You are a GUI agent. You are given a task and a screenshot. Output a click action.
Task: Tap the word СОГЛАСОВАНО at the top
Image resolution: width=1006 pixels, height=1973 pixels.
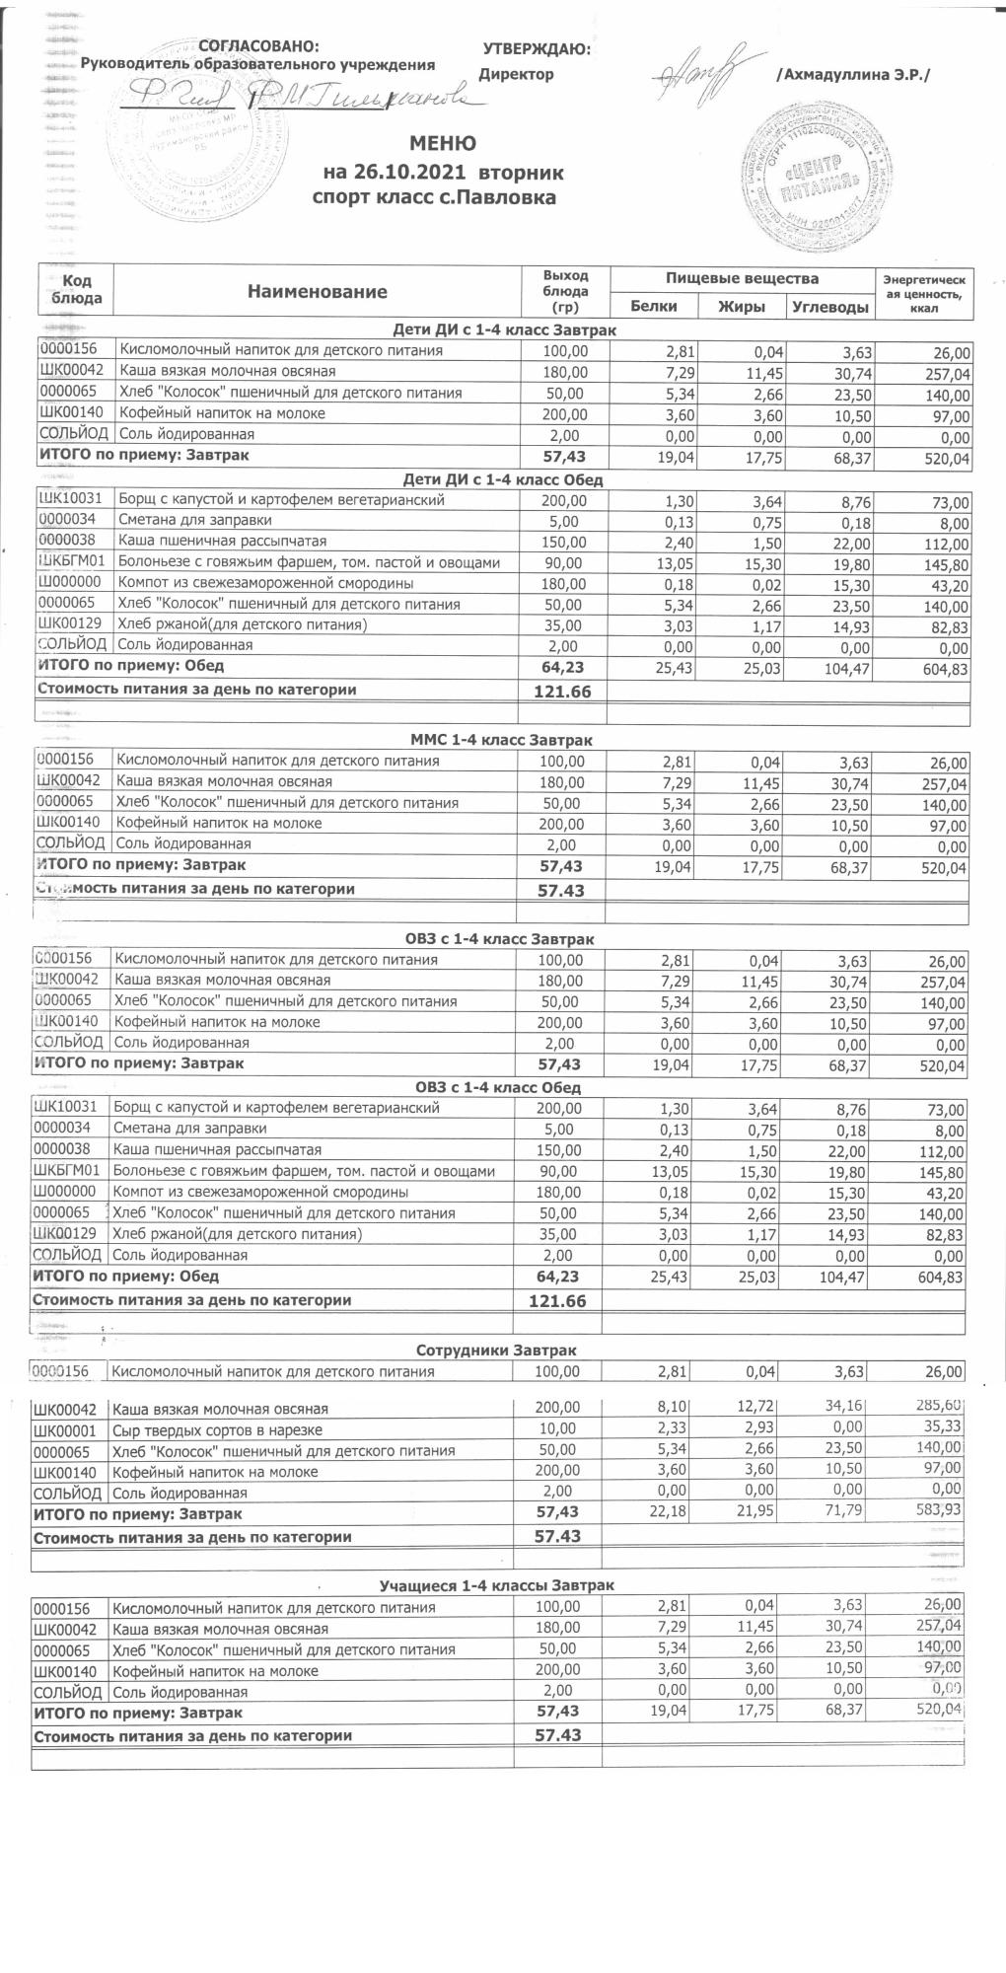(258, 46)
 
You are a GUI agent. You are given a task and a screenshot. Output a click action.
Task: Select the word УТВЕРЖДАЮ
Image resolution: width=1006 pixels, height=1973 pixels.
(537, 49)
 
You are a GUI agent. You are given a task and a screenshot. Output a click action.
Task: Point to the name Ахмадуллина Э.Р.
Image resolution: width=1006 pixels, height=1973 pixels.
(854, 75)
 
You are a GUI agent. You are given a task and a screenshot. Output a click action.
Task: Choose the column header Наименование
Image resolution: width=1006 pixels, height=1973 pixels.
(317, 291)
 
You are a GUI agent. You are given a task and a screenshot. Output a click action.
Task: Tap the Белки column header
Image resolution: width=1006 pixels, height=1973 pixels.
(653, 306)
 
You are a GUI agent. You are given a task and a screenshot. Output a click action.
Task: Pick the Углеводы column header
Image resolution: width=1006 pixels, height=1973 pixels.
(830, 307)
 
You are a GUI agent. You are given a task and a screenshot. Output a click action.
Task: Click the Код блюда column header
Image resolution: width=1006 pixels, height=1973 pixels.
(76, 290)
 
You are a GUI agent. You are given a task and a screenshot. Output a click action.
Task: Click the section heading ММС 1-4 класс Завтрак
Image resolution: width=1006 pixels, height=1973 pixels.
(500, 739)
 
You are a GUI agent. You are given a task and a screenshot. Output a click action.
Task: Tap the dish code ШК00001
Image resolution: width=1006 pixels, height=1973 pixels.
(67, 1429)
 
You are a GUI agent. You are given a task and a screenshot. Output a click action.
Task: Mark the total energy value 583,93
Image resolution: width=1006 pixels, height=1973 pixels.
(937, 1509)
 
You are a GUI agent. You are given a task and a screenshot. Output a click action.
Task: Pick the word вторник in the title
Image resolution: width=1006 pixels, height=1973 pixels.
(521, 173)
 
